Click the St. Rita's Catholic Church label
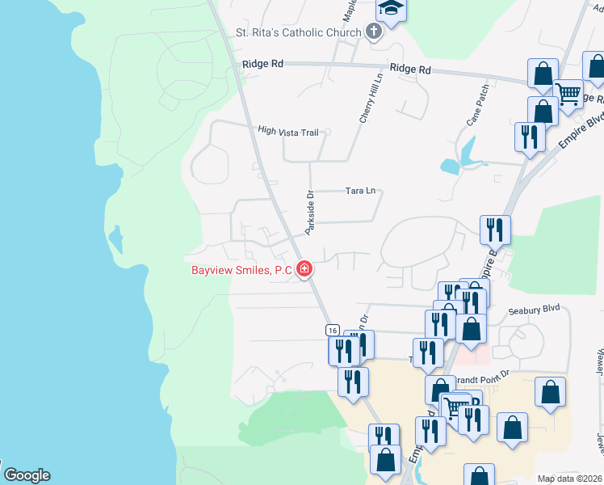coord(298,33)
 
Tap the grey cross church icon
coord(373,32)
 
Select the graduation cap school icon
coord(391,9)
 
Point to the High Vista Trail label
coord(288,130)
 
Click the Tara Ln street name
coord(360,191)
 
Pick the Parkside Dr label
coord(308,213)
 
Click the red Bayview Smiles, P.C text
coord(241,271)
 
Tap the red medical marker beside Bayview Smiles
coord(304,268)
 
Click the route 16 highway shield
coord(332,330)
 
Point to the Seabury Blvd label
coord(534,309)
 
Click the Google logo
coord(27,475)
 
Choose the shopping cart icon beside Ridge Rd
coord(568,93)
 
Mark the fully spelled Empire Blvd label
coord(581,129)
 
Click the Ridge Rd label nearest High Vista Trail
coord(263,63)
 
